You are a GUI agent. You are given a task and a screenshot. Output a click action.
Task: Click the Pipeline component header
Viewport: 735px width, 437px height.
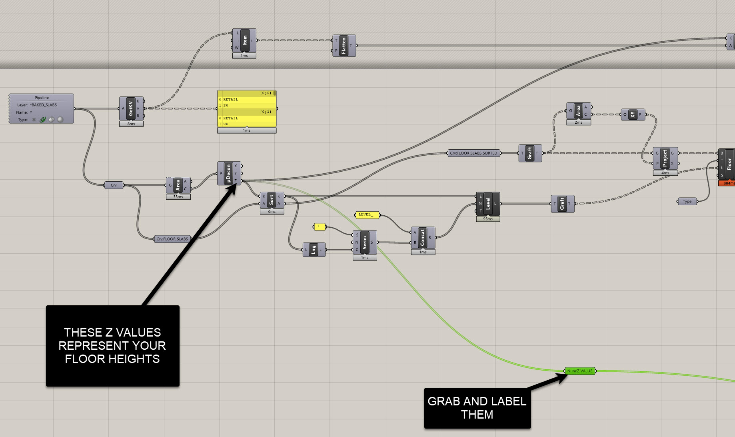point(42,98)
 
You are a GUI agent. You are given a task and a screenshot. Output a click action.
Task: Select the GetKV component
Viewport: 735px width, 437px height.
point(131,108)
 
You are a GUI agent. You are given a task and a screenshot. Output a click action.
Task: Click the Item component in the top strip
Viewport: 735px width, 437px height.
point(244,40)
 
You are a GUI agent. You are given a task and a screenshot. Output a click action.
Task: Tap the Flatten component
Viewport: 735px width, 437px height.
point(344,46)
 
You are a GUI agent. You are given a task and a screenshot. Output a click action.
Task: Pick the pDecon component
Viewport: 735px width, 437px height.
point(228,173)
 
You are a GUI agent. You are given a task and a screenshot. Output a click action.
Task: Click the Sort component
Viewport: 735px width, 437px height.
point(272,200)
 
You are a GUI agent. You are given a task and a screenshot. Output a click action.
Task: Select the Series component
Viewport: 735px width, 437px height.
point(364,242)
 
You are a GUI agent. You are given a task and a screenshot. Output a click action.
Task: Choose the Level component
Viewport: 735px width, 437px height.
point(488,204)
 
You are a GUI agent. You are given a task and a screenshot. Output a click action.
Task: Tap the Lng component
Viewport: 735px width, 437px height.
point(314,250)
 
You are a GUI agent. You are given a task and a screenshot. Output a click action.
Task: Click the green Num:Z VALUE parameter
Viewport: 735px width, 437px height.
point(580,371)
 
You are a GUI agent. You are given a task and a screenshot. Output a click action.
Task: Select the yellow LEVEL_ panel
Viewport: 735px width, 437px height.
point(367,215)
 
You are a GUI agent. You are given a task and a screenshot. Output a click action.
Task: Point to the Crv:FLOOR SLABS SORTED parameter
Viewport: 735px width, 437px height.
point(474,153)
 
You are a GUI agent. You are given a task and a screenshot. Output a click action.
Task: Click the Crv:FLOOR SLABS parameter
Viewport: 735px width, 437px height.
point(172,239)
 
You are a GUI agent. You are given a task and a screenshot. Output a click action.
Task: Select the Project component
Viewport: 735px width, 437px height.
point(665,158)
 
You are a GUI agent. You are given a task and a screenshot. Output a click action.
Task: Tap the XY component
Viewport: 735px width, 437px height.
point(632,115)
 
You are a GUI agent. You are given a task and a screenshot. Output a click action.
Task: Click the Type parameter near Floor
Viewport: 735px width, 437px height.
point(687,201)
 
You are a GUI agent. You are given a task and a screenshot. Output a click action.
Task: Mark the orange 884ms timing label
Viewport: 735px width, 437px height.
point(727,183)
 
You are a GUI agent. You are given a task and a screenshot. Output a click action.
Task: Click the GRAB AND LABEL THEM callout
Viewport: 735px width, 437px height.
point(477,408)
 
